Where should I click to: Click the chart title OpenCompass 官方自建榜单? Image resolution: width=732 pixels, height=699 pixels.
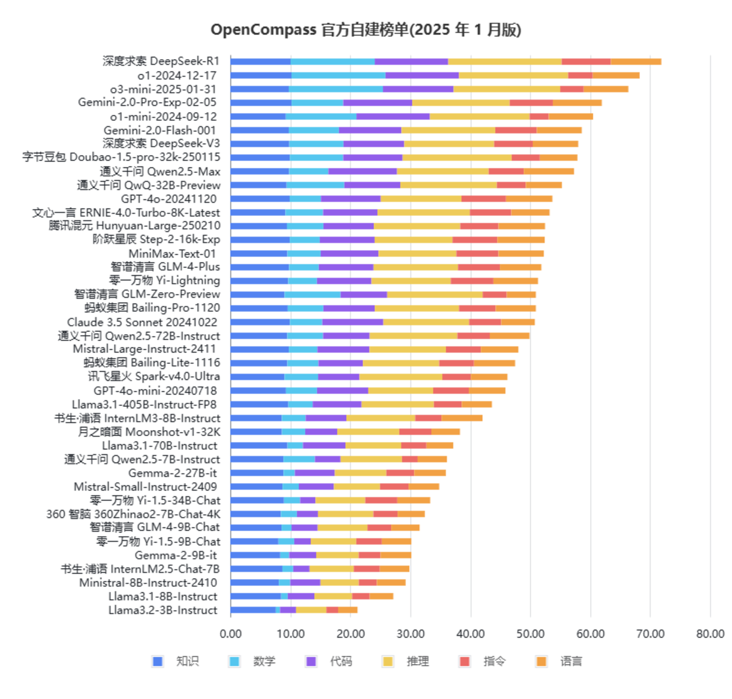[x=365, y=29]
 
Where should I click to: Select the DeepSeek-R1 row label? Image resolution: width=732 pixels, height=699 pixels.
[x=161, y=62]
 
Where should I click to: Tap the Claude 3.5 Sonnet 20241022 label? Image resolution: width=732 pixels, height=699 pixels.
[x=142, y=322]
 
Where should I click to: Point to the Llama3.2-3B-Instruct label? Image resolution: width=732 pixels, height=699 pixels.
[x=163, y=610]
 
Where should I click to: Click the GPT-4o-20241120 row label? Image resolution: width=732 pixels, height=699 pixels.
[x=168, y=199]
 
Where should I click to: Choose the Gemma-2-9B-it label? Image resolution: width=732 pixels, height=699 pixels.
[x=175, y=555]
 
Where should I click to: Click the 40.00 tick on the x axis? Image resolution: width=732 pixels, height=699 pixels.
[x=470, y=634]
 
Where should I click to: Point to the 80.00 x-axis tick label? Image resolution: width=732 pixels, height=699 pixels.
[x=710, y=634]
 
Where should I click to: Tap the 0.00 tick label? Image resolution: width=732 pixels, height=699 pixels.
[x=231, y=634]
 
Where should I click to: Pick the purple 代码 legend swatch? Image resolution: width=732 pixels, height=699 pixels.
[x=311, y=661]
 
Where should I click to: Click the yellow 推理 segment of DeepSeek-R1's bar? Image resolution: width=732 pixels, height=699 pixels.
[x=504, y=62]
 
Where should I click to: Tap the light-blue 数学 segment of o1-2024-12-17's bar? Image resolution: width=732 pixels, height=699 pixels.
[x=338, y=75]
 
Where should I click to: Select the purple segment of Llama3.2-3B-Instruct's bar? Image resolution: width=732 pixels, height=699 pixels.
[x=288, y=610]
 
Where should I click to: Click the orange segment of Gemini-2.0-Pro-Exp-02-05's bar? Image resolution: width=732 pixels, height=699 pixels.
[x=577, y=103]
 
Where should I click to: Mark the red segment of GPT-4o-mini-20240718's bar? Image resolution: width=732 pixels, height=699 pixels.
[x=451, y=390]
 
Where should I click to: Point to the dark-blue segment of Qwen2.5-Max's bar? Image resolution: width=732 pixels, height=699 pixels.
[x=260, y=171]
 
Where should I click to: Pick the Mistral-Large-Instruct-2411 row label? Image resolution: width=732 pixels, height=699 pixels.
[x=144, y=349]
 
